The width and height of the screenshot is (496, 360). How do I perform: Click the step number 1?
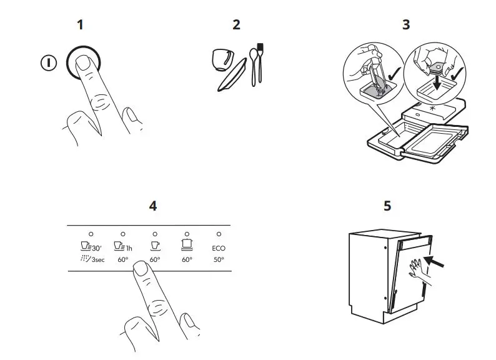[80, 25]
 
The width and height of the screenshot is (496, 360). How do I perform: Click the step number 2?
[236, 25]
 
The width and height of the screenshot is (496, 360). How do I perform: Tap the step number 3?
[406, 25]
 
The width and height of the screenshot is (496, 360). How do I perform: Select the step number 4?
[153, 206]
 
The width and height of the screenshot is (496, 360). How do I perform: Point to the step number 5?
[387, 206]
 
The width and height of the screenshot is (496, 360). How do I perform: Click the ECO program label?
[219, 248]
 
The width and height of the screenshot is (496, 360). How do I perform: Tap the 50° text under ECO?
[219, 259]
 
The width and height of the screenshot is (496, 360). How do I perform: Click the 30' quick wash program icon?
[87, 247]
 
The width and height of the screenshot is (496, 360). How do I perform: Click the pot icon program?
[186, 246]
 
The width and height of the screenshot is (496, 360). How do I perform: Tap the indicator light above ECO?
[219, 234]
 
